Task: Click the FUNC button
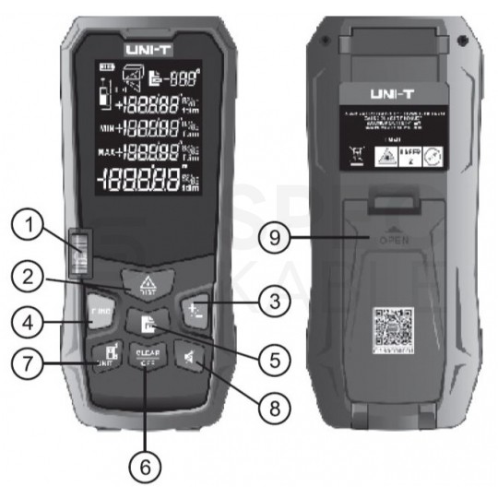(99, 313)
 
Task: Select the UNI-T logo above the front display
(148, 42)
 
